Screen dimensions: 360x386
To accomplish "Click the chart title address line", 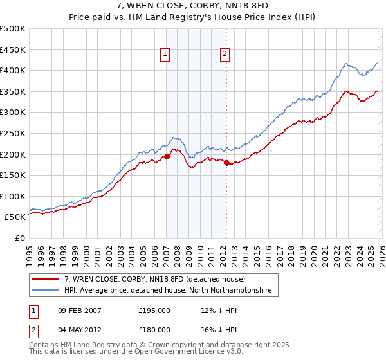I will pyautogui.click(x=192, y=6).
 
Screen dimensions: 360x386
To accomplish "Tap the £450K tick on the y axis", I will pyautogui.click(x=13, y=50).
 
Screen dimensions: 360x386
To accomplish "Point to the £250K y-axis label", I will pyautogui.click(x=13, y=133).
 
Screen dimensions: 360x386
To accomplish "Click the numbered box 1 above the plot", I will pyautogui.click(x=166, y=55).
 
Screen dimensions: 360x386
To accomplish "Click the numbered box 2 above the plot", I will pyautogui.click(x=225, y=55).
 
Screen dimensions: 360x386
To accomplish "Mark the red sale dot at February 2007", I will pyautogui.click(x=167, y=156).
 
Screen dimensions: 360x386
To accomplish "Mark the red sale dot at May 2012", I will pyautogui.click(x=226, y=163).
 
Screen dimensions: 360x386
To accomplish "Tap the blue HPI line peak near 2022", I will pyautogui.click(x=346, y=63).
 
